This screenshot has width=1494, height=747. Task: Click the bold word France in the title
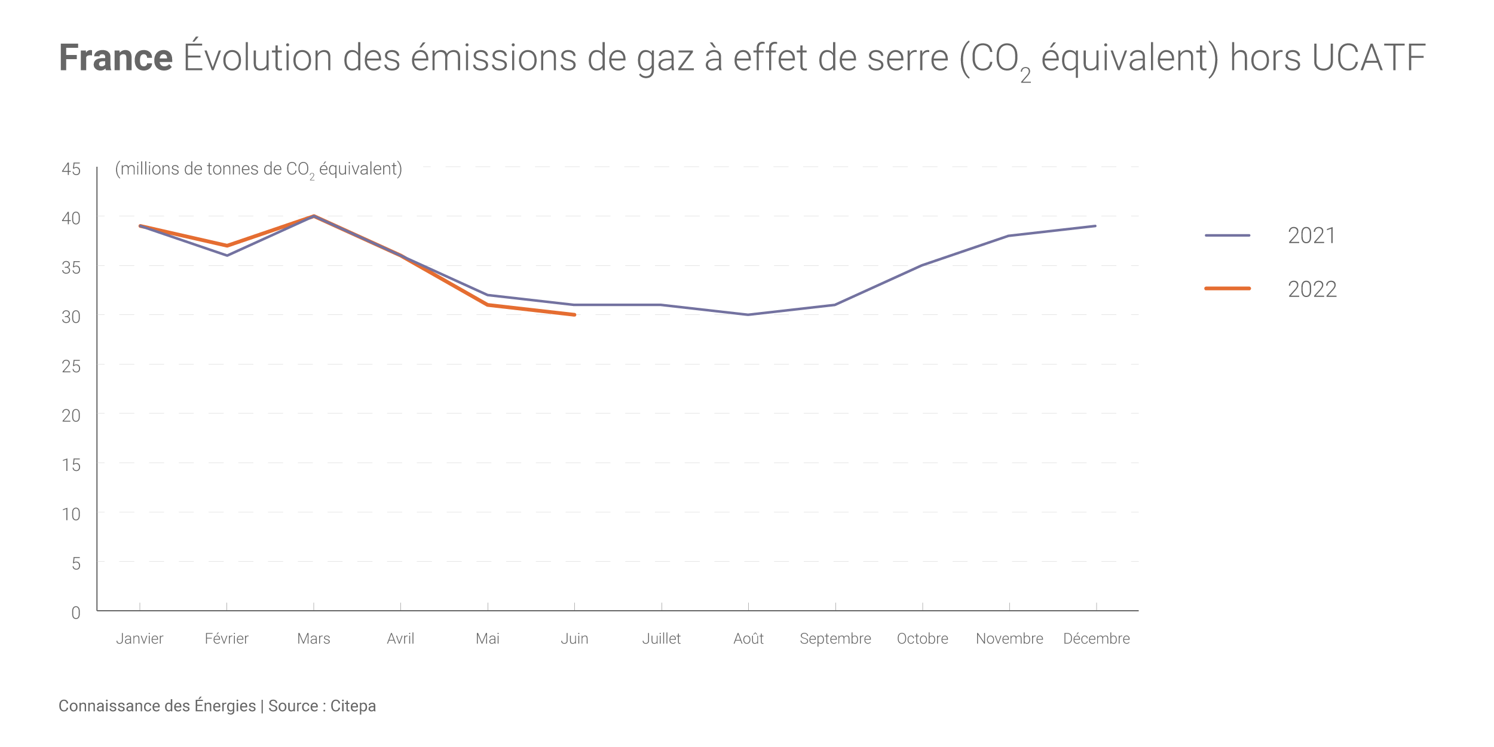point(116,58)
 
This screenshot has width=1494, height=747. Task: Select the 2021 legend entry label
point(1311,235)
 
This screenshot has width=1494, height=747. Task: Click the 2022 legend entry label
point(1312,289)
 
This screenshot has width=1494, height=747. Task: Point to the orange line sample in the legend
point(1227,289)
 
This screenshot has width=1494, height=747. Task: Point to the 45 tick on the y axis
point(71,169)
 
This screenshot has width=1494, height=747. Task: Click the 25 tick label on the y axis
point(71,366)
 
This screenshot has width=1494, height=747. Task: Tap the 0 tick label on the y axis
point(76,613)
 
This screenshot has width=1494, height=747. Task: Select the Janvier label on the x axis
point(139,639)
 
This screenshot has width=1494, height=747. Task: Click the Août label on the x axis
point(748,639)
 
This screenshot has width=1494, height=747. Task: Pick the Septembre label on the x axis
point(835,639)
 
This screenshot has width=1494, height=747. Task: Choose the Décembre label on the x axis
point(1096,639)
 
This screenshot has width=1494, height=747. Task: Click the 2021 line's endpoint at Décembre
point(1095,226)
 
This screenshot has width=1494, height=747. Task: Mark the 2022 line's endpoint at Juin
point(574,314)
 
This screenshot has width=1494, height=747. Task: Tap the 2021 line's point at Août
point(748,314)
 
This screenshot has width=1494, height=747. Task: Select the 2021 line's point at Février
point(226,255)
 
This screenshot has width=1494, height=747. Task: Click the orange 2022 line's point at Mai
point(488,305)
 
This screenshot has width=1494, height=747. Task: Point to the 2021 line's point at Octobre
point(922,265)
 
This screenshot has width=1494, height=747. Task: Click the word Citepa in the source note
point(353,706)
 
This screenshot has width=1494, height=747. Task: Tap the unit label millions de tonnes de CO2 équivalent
point(258,169)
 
